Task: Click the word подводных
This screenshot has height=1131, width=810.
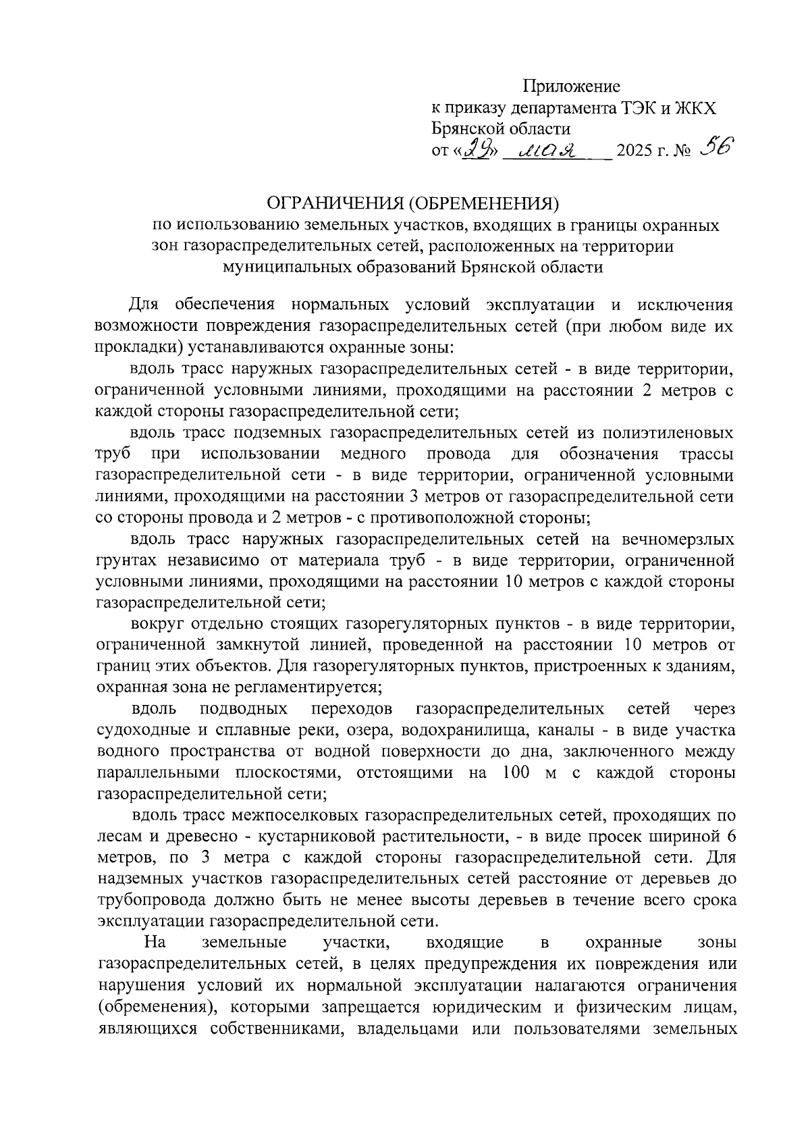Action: pyautogui.click(x=244, y=709)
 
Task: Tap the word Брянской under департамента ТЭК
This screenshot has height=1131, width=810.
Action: pyautogui.click(x=469, y=129)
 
